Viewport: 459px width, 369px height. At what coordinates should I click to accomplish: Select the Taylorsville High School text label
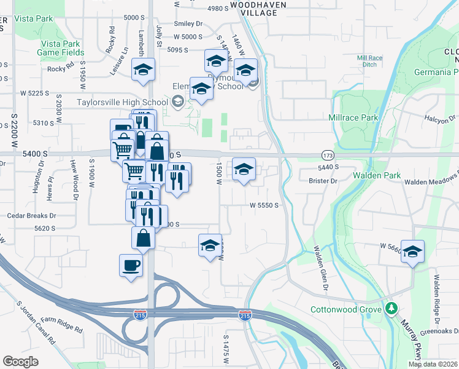(123, 102)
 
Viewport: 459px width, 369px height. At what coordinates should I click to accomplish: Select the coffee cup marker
(131, 266)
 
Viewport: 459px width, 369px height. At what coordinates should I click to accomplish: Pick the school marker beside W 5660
(413, 252)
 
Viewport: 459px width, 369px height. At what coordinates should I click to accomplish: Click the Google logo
(20, 361)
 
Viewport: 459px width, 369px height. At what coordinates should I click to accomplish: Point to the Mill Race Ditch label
(369, 61)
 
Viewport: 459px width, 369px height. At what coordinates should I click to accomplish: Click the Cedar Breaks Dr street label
(31, 216)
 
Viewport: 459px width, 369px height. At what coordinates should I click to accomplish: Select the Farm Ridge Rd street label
(61, 325)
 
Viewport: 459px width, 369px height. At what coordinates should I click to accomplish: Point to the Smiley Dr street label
(188, 23)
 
